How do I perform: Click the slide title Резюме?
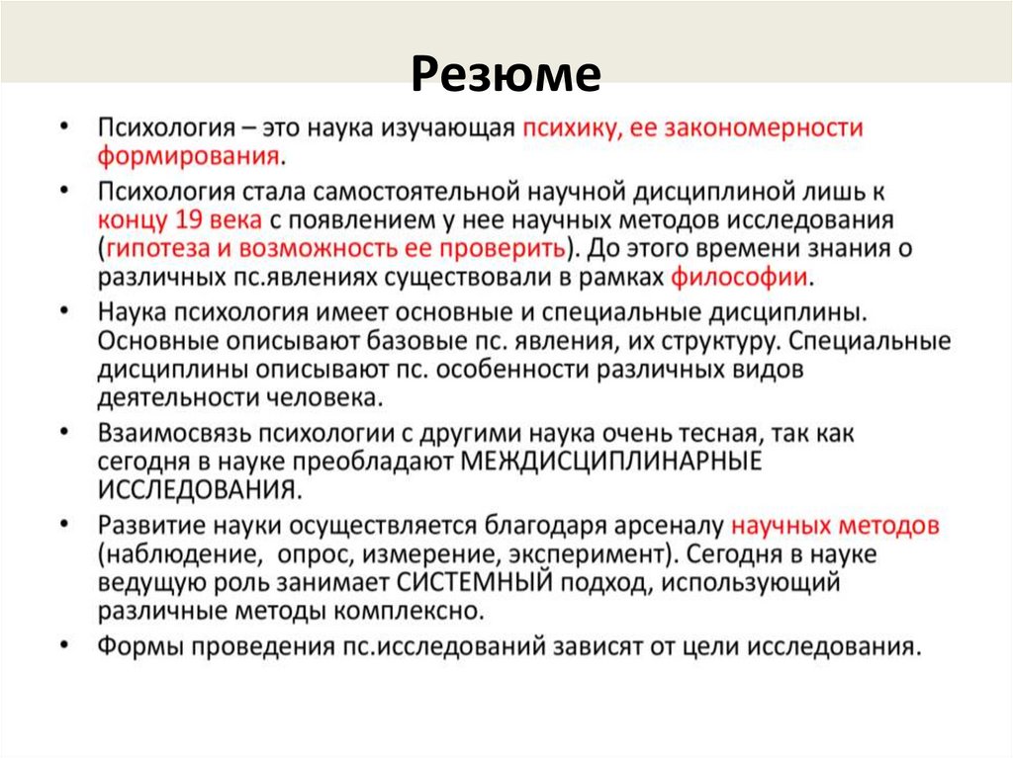pos(506,75)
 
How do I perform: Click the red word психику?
pos(567,127)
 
